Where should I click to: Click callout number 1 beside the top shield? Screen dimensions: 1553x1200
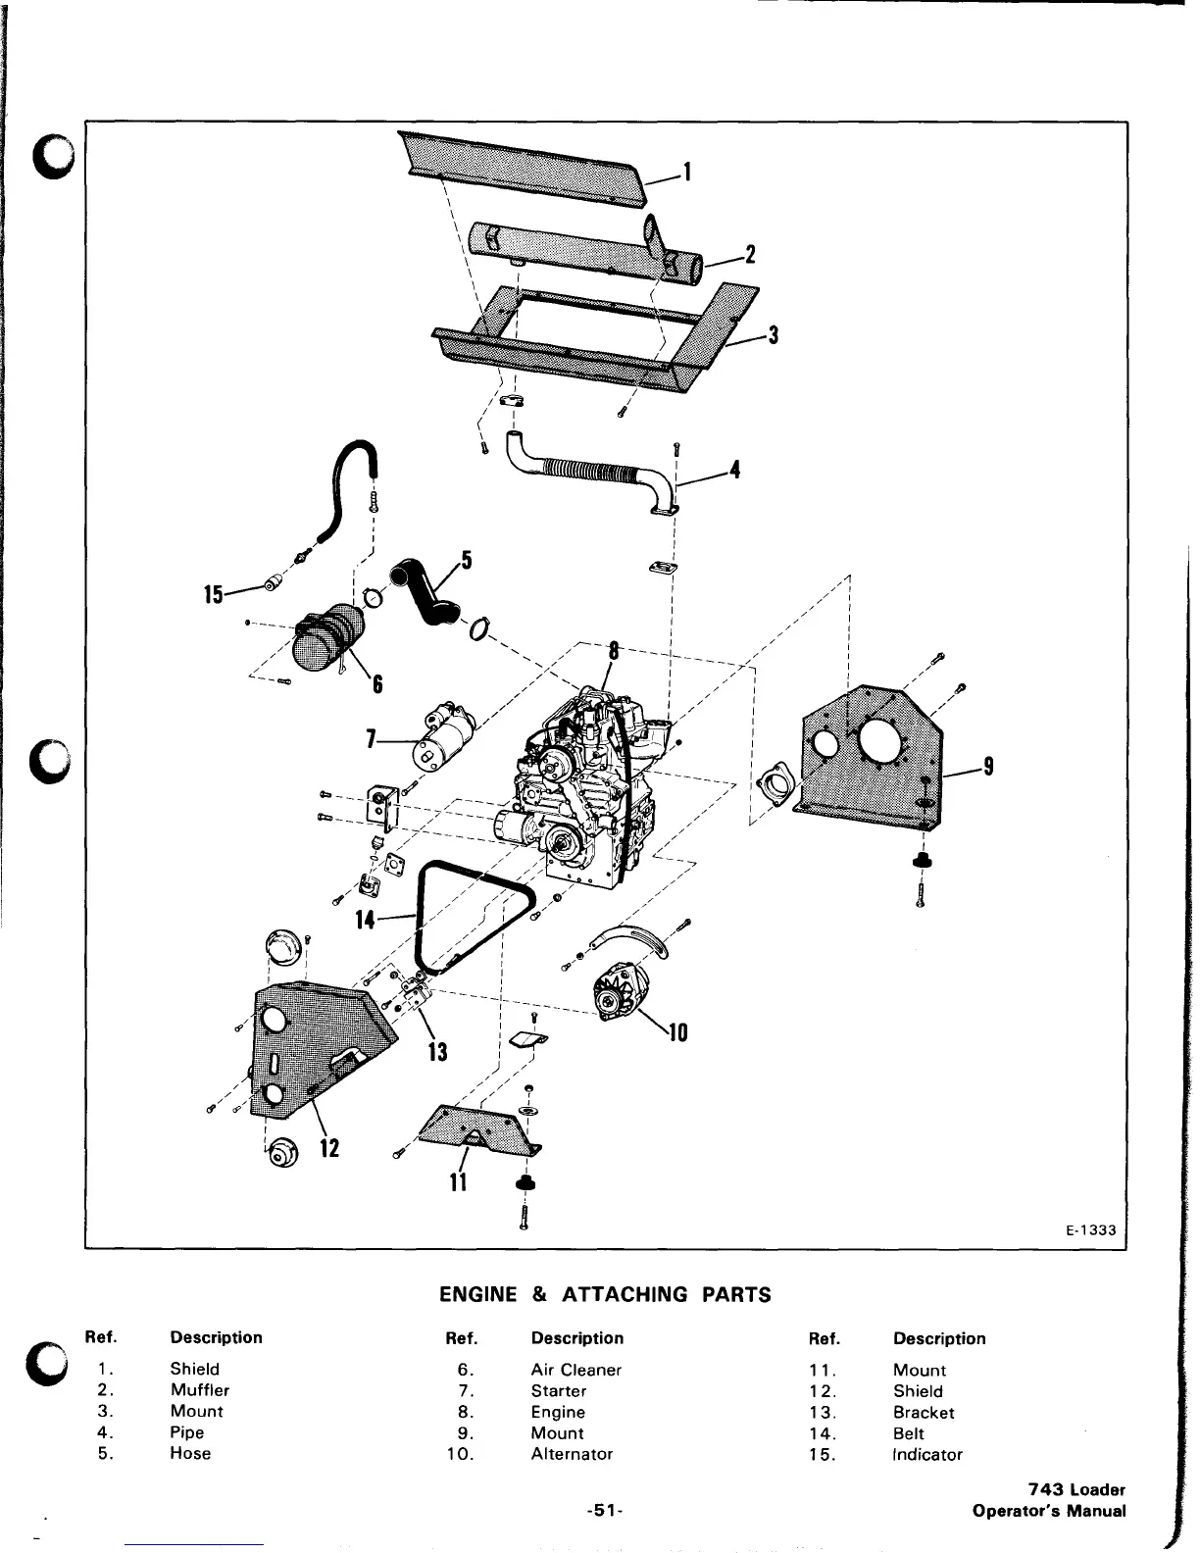(x=687, y=173)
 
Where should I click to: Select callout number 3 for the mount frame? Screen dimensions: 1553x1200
(x=773, y=334)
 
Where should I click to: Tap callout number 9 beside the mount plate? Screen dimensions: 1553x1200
(x=988, y=768)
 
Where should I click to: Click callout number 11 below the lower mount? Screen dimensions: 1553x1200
(x=456, y=1182)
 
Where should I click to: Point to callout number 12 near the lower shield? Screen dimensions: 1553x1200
(x=329, y=1145)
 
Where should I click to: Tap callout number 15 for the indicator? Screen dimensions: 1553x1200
(x=213, y=594)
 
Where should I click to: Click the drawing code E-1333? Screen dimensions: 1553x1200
(x=1090, y=1230)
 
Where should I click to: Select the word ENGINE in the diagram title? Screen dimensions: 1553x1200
(x=476, y=1294)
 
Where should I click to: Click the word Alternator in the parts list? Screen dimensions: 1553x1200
(x=572, y=1454)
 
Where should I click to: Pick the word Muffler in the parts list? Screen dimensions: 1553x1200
(x=199, y=1390)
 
